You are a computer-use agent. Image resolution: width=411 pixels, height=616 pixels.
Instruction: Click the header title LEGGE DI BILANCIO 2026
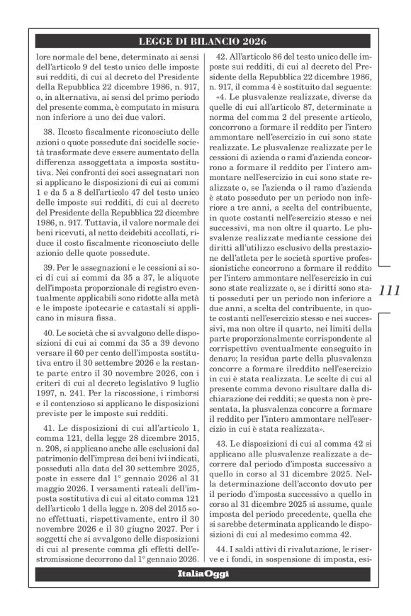(204, 41)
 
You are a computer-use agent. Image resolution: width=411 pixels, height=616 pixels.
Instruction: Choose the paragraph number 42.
(220, 56)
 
